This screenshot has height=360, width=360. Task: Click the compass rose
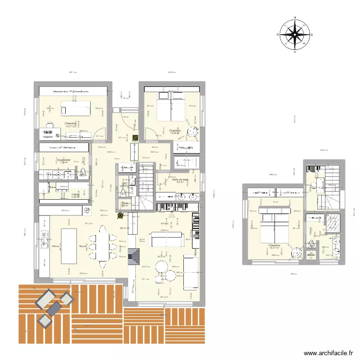coord(295,35)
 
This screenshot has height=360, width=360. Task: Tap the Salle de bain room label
coord(180,180)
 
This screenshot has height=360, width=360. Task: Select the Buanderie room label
coord(64,160)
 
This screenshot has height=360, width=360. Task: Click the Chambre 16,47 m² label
coord(274,246)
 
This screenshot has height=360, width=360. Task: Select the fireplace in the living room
coord(136,253)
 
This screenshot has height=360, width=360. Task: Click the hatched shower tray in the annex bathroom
coord(332,224)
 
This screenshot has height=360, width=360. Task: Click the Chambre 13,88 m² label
coord(174,131)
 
